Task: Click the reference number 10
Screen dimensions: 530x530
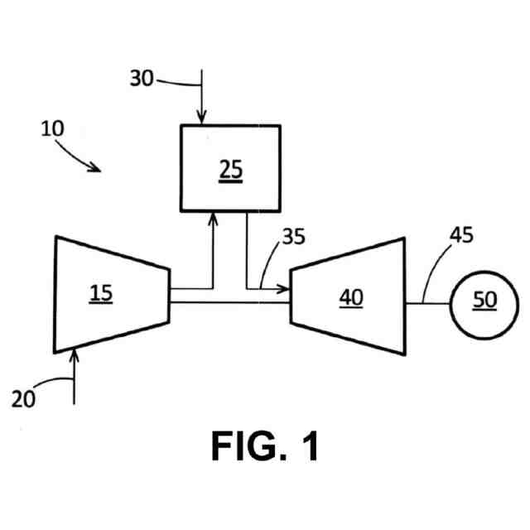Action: (x=52, y=130)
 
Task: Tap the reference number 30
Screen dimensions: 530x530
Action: (x=142, y=79)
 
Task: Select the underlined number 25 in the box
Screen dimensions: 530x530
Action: (x=232, y=168)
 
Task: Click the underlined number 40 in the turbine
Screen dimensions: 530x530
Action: (x=351, y=296)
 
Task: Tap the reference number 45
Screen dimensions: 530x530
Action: (x=461, y=234)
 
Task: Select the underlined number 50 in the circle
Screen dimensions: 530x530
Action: (x=484, y=300)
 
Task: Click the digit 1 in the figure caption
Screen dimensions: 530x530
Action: (x=308, y=447)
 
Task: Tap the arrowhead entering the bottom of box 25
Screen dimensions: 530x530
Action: (x=214, y=216)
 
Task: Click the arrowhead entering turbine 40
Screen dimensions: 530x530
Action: (x=284, y=289)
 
